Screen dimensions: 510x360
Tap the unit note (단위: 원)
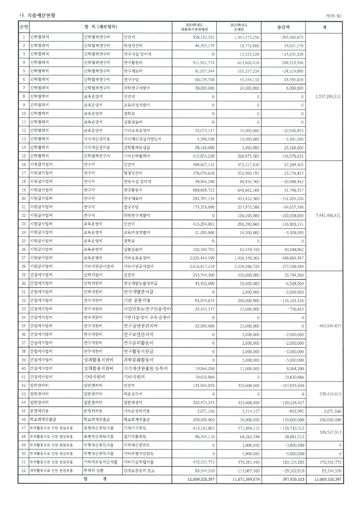point(333,16)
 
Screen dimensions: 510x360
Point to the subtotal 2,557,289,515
point(324,96)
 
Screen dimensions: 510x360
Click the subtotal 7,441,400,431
point(324,215)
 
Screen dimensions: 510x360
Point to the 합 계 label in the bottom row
point(95,479)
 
